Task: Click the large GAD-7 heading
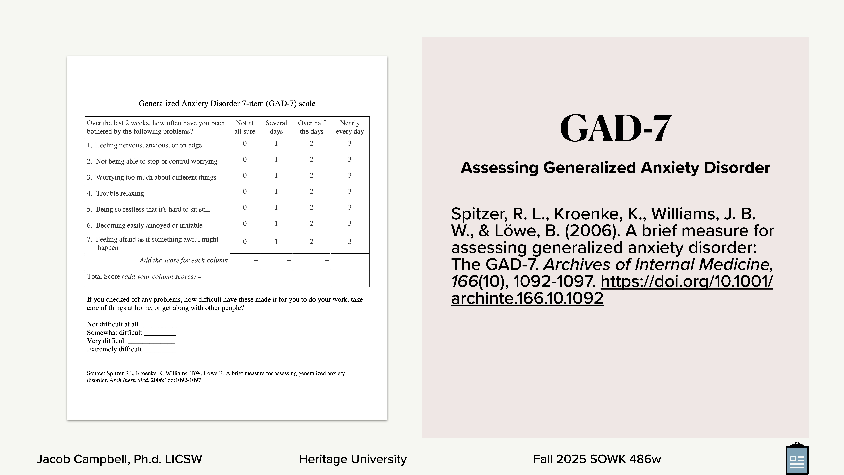[x=615, y=128]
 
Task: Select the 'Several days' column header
[x=276, y=127]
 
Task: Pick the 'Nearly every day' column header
[x=350, y=127]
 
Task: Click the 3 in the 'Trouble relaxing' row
[x=350, y=191]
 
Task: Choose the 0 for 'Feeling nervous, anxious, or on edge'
[x=245, y=143]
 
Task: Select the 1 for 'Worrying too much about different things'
[x=276, y=175]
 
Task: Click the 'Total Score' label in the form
[x=103, y=276]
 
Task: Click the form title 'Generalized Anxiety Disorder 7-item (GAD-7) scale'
[x=227, y=104]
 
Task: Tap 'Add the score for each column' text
[x=183, y=260]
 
